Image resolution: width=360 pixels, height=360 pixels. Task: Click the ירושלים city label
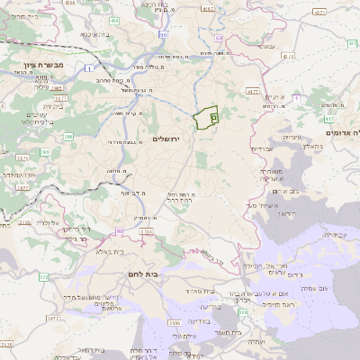point(167,138)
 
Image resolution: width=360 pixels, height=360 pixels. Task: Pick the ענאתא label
point(265,45)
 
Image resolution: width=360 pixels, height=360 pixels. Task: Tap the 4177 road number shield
point(252,91)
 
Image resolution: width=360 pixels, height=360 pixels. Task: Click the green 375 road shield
point(42,276)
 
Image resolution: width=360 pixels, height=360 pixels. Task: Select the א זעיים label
point(275,97)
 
